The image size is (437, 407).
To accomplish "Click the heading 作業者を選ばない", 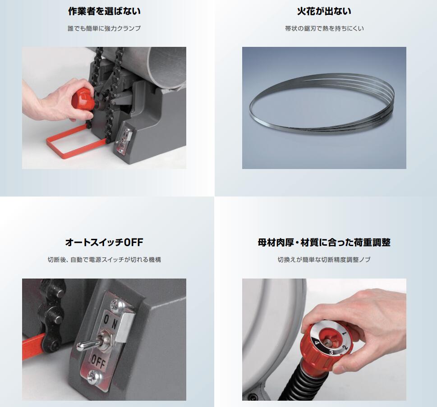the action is tap(104, 11).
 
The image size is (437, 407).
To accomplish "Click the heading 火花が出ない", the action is tap(324, 11).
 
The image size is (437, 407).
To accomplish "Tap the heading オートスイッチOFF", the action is tap(104, 242).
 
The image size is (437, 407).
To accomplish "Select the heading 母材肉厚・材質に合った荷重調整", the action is tap(324, 242).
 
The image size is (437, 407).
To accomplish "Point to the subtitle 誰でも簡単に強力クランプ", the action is tap(104, 28).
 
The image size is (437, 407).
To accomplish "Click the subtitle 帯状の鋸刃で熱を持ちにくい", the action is tap(324, 28).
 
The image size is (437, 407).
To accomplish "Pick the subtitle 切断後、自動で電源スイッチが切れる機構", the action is tap(104, 260).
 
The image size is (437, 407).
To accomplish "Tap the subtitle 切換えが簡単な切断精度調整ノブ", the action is tap(324, 260).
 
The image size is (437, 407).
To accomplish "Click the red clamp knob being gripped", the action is tap(83, 98).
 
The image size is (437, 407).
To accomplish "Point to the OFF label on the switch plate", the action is tap(97, 363).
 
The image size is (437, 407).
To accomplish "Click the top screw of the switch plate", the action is tap(118, 305).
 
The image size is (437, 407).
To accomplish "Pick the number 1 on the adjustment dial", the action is tap(345, 334).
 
